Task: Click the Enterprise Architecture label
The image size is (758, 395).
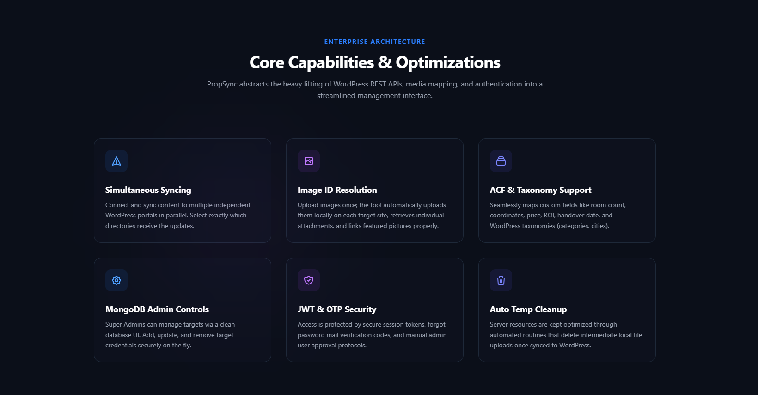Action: coord(374,42)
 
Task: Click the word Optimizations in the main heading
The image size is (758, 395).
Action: coord(448,62)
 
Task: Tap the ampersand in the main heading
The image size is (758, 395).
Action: coord(385,62)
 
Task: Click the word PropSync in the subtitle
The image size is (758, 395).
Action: coord(222,84)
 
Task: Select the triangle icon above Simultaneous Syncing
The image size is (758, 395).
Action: coord(116,161)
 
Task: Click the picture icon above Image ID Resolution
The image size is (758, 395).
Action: coord(309,161)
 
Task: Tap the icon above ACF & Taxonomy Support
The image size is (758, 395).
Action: coord(501,161)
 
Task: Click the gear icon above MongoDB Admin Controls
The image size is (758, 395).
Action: coord(116,280)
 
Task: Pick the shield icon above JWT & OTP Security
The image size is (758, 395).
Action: coord(309,280)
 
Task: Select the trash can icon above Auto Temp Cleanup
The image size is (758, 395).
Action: coord(501,280)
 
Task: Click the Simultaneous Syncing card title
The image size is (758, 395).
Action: coord(148,190)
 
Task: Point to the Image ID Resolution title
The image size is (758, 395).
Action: coord(337,190)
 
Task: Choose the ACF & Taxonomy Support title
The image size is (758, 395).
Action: coord(540,190)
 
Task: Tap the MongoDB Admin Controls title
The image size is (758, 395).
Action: coord(157,309)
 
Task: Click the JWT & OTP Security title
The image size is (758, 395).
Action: coord(336,309)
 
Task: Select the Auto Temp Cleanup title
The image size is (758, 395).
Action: coord(528,309)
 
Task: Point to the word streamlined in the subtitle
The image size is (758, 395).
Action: coord(336,96)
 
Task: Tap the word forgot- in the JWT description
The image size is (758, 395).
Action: coord(438,325)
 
